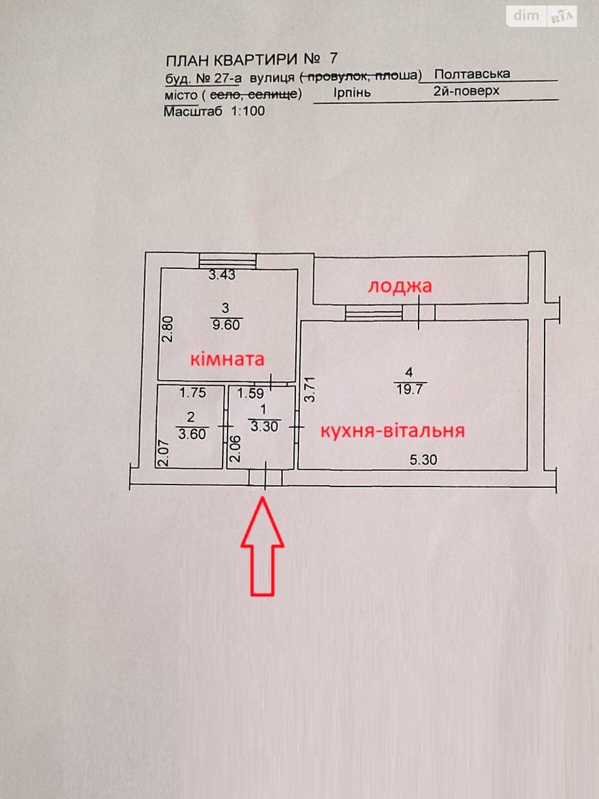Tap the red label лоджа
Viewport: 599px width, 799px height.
click(400, 286)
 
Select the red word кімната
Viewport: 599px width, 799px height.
click(227, 359)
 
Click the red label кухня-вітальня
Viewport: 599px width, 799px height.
click(392, 430)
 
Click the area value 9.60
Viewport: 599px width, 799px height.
click(226, 325)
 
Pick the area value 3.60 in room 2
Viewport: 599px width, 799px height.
click(192, 434)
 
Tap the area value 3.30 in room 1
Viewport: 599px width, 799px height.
click(264, 426)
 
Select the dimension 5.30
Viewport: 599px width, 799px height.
click(423, 459)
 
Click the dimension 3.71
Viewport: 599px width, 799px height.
click(310, 390)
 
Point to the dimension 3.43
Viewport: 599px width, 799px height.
click(222, 275)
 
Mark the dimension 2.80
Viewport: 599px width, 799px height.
click(168, 329)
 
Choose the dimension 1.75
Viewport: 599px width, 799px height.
click(193, 393)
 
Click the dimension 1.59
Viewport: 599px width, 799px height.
click(250, 394)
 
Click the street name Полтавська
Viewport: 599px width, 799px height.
click(472, 74)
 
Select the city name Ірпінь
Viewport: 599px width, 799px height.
click(352, 93)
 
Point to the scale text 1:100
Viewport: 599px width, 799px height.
click(248, 111)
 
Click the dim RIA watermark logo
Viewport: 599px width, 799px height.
click(542, 16)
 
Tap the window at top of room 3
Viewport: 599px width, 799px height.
click(228, 261)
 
